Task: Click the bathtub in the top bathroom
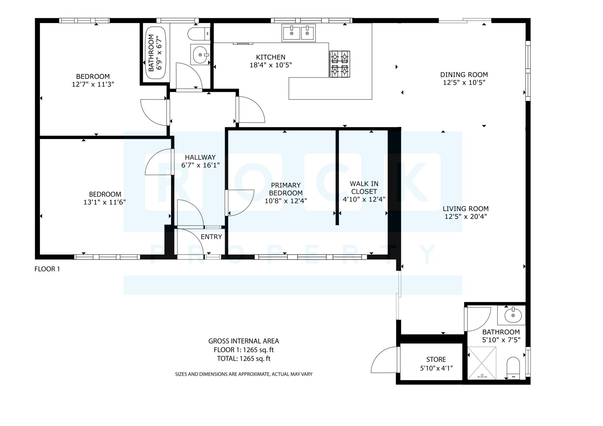[x=156, y=53]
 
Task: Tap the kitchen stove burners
[x=339, y=64]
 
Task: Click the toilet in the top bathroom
[x=198, y=34]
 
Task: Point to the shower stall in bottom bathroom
[x=482, y=363]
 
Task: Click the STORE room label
[x=436, y=359]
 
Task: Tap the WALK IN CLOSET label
[x=364, y=187]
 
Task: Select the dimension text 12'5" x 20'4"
[x=465, y=217]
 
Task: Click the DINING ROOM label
[x=464, y=74]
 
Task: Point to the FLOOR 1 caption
[x=47, y=269]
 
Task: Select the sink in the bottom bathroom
[x=513, y=315]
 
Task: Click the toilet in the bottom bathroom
[x=513, y=368]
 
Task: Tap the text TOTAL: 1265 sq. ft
[x=243, y=358]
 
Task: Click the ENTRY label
[x=211, y=237]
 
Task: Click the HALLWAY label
[x=200, y=157]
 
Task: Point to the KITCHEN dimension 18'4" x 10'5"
[x=271, y=65]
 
